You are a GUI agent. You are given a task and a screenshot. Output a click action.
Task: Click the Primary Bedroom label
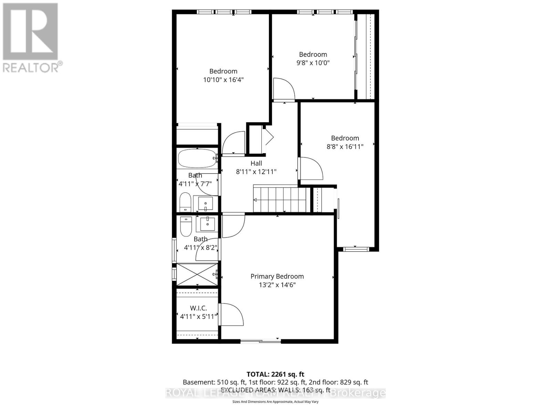tap(277, 276)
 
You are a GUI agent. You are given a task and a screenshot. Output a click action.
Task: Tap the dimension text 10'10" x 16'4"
tap(223, 80)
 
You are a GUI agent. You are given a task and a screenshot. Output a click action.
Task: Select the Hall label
tap(256, 163)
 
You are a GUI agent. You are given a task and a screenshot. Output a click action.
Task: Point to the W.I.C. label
tap(198, 308)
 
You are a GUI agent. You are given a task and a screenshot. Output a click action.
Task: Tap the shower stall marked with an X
tap(197, 274)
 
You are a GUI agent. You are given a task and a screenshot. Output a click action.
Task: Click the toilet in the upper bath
tap(185, 202)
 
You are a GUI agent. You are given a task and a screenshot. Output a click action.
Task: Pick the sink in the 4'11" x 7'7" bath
tap(206, 203)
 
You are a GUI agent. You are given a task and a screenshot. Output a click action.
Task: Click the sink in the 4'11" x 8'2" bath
tap(207, 224)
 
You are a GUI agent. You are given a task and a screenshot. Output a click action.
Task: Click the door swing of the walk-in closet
tap(232, 314)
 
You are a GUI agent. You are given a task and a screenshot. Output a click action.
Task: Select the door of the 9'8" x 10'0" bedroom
tap(284, 89)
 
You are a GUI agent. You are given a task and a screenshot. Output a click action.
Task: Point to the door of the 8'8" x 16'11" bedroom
tap(311, 168)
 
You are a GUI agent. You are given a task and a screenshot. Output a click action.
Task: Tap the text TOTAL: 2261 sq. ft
tap(275, 374)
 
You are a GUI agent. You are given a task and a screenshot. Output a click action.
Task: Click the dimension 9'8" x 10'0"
tap(313, 63)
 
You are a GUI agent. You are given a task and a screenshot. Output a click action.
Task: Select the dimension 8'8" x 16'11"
tap(345, 147)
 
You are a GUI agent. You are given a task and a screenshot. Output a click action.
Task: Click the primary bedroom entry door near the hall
tap(233, 225)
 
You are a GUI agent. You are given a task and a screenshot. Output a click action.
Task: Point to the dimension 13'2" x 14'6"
tap(277, 285)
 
